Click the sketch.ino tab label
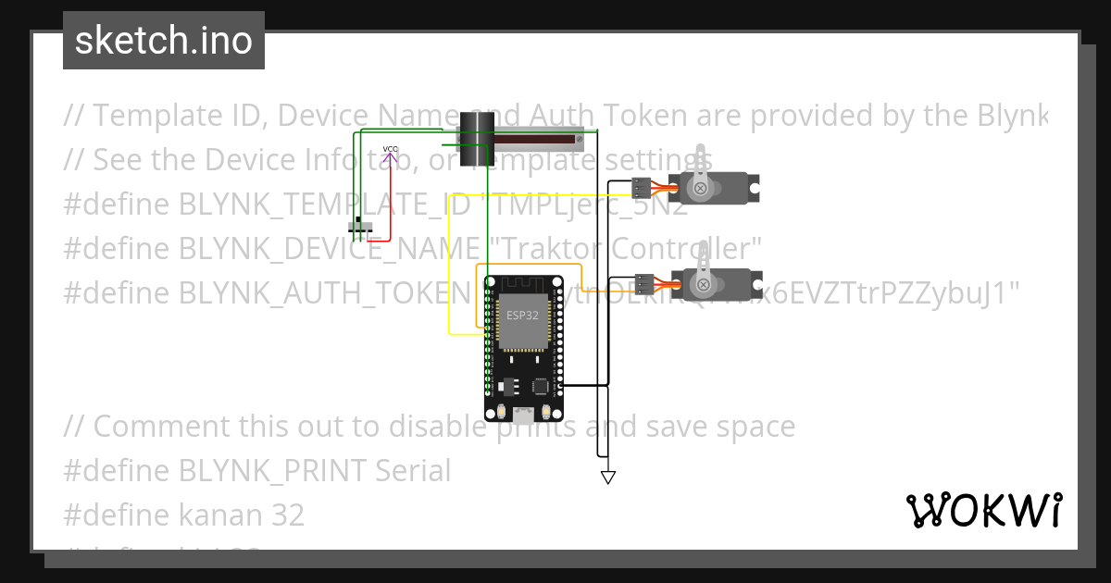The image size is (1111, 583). (x=163, y=41)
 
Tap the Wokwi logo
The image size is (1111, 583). (x=983, y=510)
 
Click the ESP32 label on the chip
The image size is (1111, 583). (x=522, y=315)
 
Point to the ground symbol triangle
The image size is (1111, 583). (x=608, y=478)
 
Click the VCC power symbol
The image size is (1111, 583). (x=391, y=154)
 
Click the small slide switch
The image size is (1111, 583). (x=361, y=227)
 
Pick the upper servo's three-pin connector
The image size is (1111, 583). (x=642, y=188)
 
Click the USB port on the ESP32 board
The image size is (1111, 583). (x=523, y=414)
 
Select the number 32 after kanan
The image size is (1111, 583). (x=288, y=515)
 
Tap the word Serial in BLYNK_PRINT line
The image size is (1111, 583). (x=413, y=470)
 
